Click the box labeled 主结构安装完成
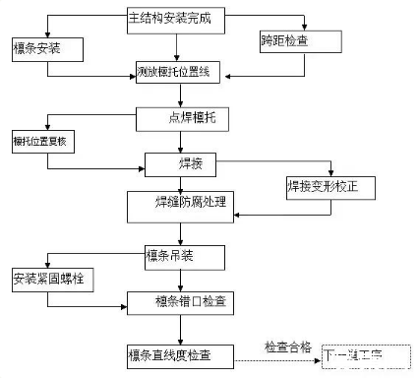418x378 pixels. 176,18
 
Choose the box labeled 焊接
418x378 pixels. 193,163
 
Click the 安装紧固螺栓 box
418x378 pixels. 48,278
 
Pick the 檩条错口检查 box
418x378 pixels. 180,302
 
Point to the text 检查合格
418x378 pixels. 288,346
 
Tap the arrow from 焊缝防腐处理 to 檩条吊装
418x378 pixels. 179,230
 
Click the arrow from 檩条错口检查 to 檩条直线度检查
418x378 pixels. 179,328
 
